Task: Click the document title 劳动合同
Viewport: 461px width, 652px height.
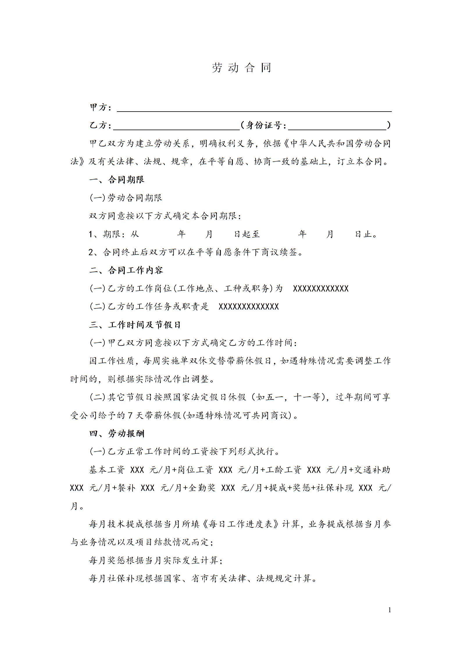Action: [x=241, y=68]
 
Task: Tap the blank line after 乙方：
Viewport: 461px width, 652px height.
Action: [x=176, y=126]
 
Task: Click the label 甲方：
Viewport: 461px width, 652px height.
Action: [x=100, y=108]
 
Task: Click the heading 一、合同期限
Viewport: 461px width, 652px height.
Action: [x=117, y=180]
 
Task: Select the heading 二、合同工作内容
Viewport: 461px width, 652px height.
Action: [x=126, y=270]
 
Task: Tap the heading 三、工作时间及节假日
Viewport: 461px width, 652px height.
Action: [x=135, y=325]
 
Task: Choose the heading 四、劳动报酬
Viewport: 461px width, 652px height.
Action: [x=117, y=434]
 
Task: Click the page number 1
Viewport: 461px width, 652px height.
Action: [x=390, y=610]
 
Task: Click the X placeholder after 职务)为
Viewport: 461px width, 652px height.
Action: [x=321, y=289]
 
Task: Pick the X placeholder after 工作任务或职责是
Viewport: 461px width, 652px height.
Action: [x=249, y=307]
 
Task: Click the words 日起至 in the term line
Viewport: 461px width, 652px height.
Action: [x=247, y=234]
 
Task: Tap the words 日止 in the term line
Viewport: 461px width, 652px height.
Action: [x=364, y=234]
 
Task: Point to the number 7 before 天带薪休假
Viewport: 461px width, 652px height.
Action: [x=131, y=415]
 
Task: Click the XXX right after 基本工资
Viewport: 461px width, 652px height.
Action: [x=137, y=470]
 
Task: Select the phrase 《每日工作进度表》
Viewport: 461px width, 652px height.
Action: [x=241, y=524]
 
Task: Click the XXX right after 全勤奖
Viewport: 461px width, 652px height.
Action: [x=228, y=488]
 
